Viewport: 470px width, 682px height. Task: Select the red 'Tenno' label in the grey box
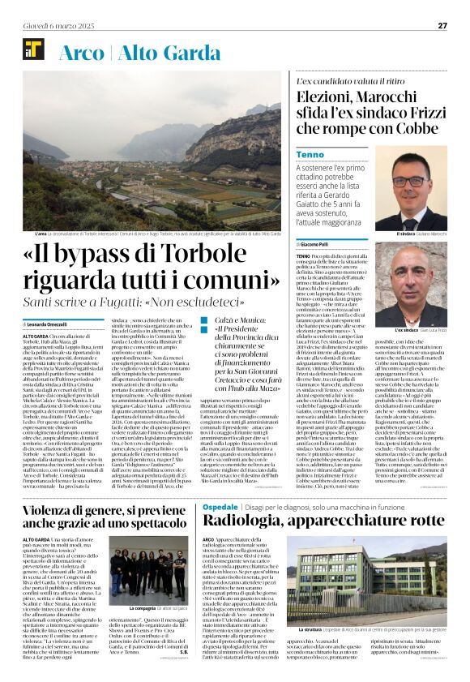[310, 153]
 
